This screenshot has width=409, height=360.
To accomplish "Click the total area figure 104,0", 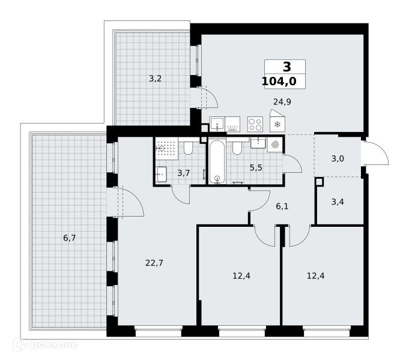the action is click(x=279, y=82).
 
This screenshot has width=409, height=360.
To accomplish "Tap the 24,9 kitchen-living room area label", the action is click(x=282, y=101).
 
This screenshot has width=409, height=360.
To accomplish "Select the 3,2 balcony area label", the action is click(x=155, y=79).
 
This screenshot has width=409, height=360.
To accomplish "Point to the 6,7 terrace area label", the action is click(x=70, y=238).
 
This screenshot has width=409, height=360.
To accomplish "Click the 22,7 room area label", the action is click(x=154, y=263).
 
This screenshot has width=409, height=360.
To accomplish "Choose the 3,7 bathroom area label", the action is click(x=183, y=173).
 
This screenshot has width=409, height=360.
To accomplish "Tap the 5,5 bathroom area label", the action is click(x=256, y=167).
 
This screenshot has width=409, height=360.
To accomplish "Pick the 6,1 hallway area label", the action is click(x=282, y=206).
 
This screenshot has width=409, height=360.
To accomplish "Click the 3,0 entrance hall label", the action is click(x=338, y=158).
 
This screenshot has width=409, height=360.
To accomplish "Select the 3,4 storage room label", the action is click(x=338, y=202).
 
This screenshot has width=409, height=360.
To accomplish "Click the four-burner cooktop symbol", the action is click(x=255, y=124).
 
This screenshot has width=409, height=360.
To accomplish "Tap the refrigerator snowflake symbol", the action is click(x=277, y=125).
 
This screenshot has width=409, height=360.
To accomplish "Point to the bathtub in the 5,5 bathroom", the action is click(x=217, y=162).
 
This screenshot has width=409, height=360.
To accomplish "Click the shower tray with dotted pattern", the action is click(x=166, y=149).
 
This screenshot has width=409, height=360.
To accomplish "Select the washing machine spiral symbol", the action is click(x=275, y=145).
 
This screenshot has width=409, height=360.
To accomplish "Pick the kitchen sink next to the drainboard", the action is click(x=217, y=124).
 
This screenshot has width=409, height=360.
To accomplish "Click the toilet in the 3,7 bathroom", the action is click(x=188, y=148).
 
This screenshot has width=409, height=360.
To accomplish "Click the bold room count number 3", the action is click(x=286, y=67).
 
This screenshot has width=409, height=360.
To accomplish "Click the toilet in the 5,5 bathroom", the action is click(x=237, y=148).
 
